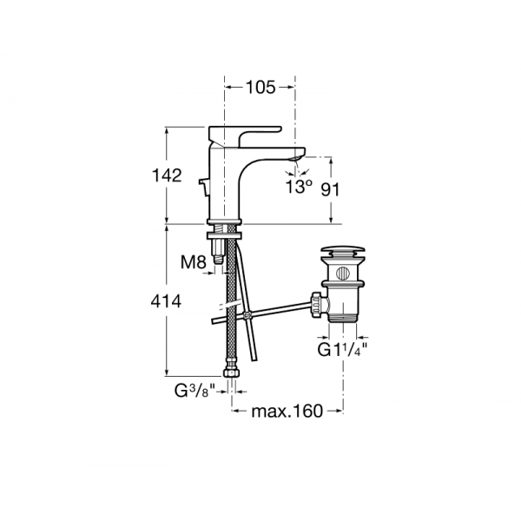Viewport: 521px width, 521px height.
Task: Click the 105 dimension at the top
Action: pos(260,88)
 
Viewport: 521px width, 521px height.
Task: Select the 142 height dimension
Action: pos(167,175)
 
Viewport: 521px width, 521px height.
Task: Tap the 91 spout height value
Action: pos(330,190)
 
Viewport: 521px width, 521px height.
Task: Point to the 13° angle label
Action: pos(299,187)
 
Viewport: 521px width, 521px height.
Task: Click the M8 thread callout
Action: pos(194,262)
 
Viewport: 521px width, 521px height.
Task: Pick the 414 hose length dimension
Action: pos(166,301)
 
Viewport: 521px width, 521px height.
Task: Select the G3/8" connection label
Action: pos(195,391)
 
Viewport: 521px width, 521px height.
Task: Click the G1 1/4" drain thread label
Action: pos(342,350)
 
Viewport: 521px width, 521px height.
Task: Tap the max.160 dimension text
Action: pos(287,411)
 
